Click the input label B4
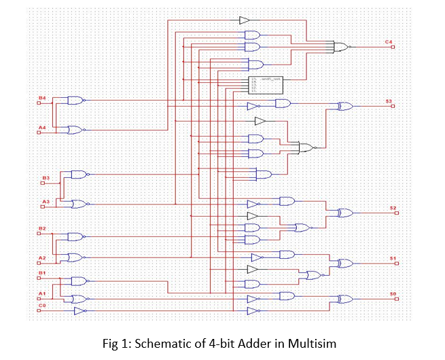[41, 98]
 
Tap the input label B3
[46, 178]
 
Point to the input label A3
[46, 201]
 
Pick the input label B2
[41, 228]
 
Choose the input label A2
[41, 258]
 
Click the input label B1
[41, 273]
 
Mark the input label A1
[41, 293]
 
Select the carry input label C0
[41, 306]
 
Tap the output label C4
[389, 42]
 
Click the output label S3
[389, 101]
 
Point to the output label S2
[393, 207]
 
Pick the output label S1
[393, 258]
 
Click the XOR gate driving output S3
[345, 107]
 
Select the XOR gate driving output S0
[345, 299]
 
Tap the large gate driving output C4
[340, 48]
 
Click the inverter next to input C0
[79, 311]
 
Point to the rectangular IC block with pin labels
[266, 84]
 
